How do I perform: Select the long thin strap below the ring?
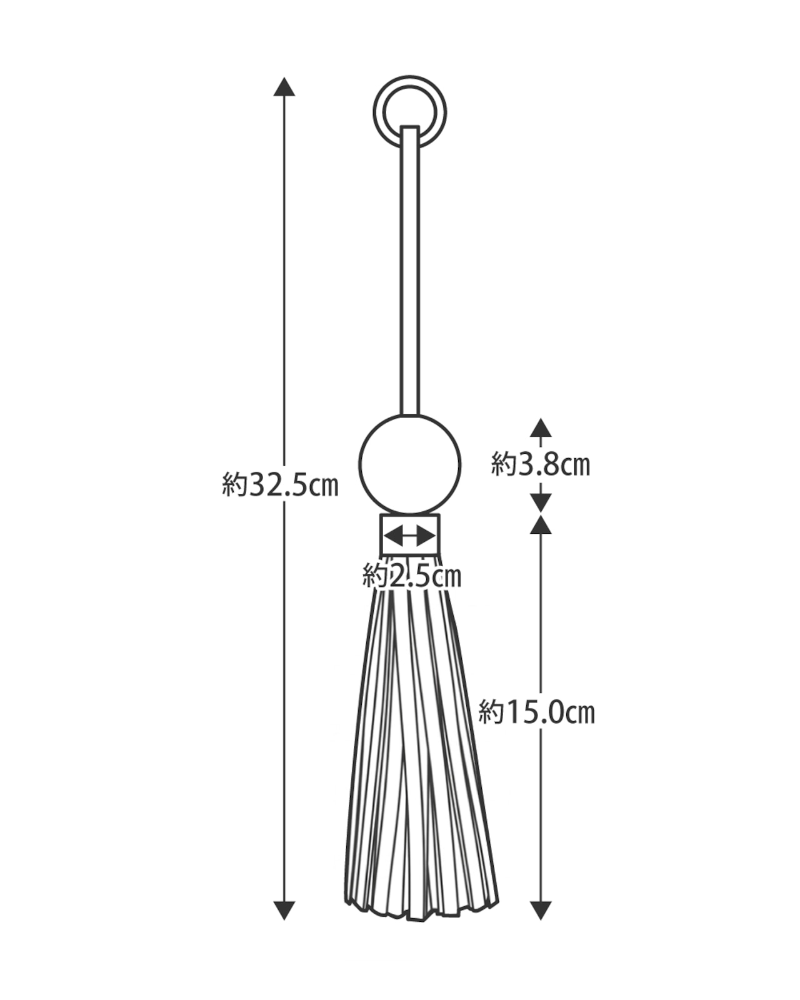point(409,270)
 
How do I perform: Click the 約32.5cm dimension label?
point(280,484)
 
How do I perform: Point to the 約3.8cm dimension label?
point(540,464)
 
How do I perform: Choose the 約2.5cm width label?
point(412,576)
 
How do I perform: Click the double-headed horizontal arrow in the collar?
point(409,536)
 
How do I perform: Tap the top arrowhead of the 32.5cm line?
point(284,86)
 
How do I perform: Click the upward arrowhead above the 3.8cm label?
point(540,427)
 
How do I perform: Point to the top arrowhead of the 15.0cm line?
point(540,524)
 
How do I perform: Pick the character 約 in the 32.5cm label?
point(235,484)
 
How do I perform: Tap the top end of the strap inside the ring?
point(409,126)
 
